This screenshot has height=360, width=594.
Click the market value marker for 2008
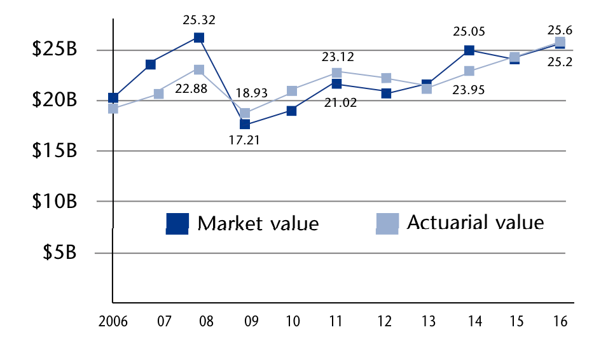[x=199, y=38]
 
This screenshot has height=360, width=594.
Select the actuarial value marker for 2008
[x=199, y=70]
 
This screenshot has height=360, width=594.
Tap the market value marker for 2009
[x=245, y=124]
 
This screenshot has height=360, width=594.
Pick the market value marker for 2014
[x=469, y=50]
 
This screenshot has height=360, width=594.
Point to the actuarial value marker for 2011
[x=336, y=73]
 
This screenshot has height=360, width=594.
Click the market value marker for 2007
[x=151, y=64]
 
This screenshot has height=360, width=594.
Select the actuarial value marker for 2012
[x=386, y=78]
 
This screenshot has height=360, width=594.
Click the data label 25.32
[x=199, y=20]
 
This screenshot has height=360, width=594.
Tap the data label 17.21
[x=244, y=139]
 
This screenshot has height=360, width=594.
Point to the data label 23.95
[x=469, y=90]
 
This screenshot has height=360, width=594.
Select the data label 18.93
[x=251, y=93]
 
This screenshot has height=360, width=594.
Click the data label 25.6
[x=560, y=29]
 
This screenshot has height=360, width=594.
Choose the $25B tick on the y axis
[x=55, y=50]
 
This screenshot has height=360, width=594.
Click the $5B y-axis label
[x=60, y=253]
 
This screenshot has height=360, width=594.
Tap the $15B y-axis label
[x=55, y=151]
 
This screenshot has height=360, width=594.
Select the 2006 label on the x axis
[x=113, y=322]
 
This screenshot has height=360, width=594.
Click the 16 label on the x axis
[x=559, y=322]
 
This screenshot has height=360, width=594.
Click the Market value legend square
[x=177, y=223]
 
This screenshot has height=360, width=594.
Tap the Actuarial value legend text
[x=475, y=223]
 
